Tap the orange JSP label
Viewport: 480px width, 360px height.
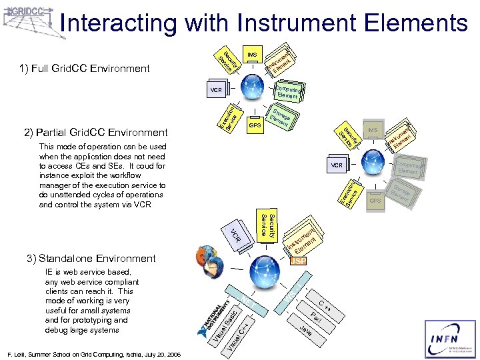click(x=299, y=261)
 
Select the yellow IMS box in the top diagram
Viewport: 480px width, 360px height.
click(x=252, y=54)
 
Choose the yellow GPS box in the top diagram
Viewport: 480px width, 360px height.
click(x=254, y=125)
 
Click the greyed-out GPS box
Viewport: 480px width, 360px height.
click(x=376, y=200)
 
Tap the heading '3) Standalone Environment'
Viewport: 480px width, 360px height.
click(x=97, y=258)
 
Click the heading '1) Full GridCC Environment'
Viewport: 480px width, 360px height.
click(x=84, y=68)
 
